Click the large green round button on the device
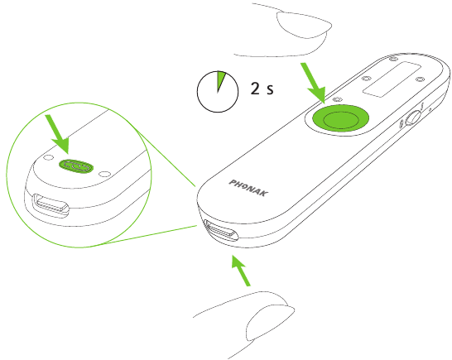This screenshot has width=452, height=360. tap(341, 118)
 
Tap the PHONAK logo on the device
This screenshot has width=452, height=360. tap(248, 188)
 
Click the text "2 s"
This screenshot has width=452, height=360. tap(262, 89)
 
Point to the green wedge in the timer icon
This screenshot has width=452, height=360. tap(220, 79)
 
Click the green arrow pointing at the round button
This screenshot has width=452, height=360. tap(314, 83)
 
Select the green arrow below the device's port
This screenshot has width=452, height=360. tap(241, 271)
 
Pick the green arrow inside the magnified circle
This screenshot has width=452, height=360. tap(58, 134)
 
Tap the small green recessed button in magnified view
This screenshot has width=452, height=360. tap(76, 166)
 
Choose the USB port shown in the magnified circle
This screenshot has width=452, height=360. tap(51, 205)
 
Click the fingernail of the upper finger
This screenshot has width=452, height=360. tap(303, 24)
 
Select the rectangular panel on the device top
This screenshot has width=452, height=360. tap(392, 79)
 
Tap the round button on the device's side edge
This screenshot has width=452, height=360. tap(412, 118)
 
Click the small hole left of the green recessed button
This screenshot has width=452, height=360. tap(48, 157)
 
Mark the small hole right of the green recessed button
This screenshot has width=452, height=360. tap(104, 174)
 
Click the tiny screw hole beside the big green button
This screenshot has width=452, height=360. tap(337, 99)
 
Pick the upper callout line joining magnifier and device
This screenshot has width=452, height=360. tap(166, 158)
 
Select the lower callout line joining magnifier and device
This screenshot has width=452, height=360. tap(150, 234)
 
